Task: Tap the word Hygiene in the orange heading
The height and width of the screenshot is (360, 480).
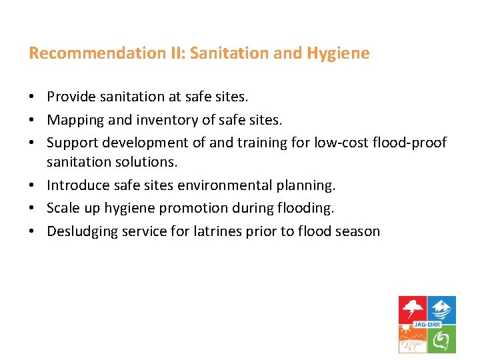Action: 338,53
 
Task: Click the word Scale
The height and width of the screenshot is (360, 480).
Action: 63,208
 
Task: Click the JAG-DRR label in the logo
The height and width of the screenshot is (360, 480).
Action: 427,325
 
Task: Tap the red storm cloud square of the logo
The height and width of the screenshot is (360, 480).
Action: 413,309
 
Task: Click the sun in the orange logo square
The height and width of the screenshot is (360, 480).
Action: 405,331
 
